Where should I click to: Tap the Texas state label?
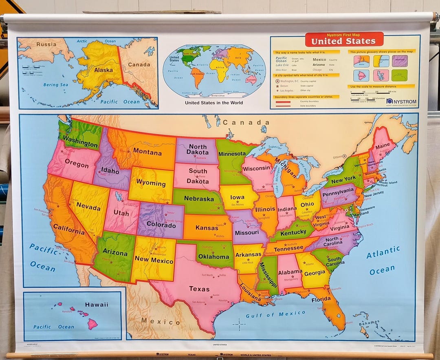click(x=199, y=289)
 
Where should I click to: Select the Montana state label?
click(x=147, y=153)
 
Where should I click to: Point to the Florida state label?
click(x=321, y=299)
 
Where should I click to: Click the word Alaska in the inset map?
click(x=103, y=70)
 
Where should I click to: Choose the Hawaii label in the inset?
click(x=97, y=304)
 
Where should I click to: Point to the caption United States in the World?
click(x=214, y=103)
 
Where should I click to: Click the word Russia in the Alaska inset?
click(x=46, y=44)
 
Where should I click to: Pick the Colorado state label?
click(x=161, y=225)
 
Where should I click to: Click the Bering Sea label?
click(x=56, y=85)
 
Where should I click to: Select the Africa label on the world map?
click(x=220, y=68)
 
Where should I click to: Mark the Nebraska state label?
click(x=199, y=199)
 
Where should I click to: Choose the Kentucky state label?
click(x=293, y=232)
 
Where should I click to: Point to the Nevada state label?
click(x=88, y=206)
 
